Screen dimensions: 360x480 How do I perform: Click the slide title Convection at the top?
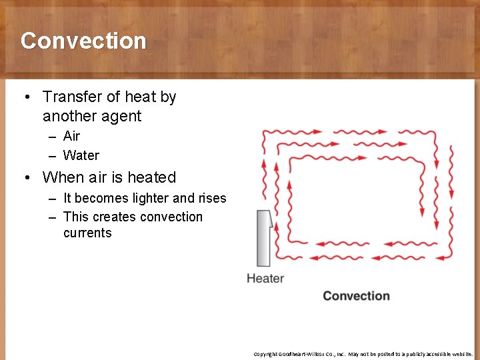point(83,41)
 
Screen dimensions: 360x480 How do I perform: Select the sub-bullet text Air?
point(71,136)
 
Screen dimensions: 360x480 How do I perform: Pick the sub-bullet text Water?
point(81,155)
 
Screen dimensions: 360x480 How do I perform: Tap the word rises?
point(211,199)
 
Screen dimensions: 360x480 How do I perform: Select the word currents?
point(87,233)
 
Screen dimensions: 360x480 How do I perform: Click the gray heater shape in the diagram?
point(264,238)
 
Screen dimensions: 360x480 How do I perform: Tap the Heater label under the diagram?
point(265,279)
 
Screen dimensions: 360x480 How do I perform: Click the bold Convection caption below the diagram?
point(356,296)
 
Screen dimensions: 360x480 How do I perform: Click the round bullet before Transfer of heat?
point(27,98)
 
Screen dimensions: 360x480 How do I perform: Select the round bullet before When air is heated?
point(27,178)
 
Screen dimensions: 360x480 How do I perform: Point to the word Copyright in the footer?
point(266,354)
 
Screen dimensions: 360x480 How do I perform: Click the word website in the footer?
point(459,354)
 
